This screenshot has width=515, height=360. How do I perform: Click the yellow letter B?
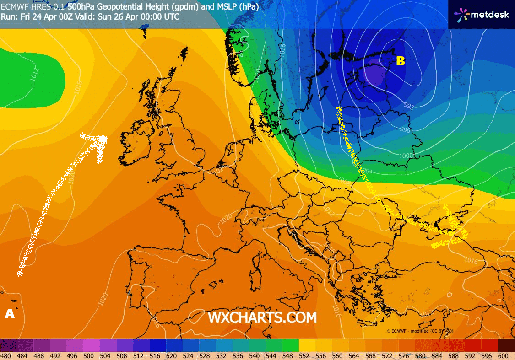coord(400,61)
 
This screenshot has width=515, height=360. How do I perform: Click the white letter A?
coord(9,314)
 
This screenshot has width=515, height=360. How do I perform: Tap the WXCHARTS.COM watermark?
coord(262,317)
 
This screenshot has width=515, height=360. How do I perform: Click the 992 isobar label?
coord(409,107)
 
